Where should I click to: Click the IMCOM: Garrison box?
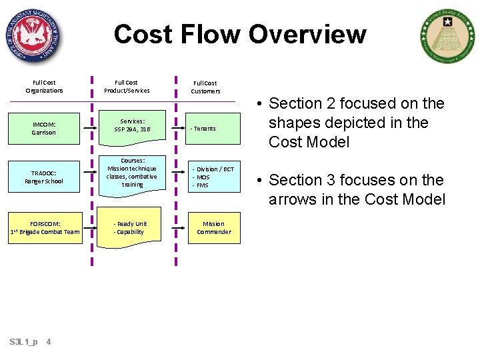tap(44, 128)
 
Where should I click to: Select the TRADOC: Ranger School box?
tap(44, 177)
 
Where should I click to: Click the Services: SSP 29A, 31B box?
tap(132, 125)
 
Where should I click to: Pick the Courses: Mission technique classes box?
tap(132, 173)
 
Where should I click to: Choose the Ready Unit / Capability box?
tap(132, 228)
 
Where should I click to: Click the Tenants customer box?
tap(213, 129)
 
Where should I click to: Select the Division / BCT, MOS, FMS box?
tap(213, 177)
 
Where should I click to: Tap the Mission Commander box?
tap(213, 228)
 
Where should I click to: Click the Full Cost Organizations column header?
tap(44, 87)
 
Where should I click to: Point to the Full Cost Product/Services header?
tap(127, 87)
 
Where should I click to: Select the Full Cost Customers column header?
tap(205, 87)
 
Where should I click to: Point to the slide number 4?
tap(49, 342)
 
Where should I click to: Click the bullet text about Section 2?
tap(356, 123)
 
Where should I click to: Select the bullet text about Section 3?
tap(356, 189)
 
